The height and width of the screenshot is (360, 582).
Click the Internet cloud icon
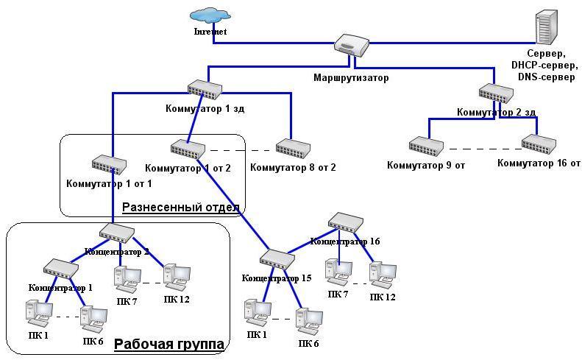(x=209, y=16)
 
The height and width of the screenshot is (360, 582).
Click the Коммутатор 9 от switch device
(x=427, y=145)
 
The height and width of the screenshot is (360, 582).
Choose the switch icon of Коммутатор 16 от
(x=539, y=144)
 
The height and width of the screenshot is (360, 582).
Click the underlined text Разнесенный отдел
(x=181, y=207)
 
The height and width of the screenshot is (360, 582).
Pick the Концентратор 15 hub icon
(x=277, y=259)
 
